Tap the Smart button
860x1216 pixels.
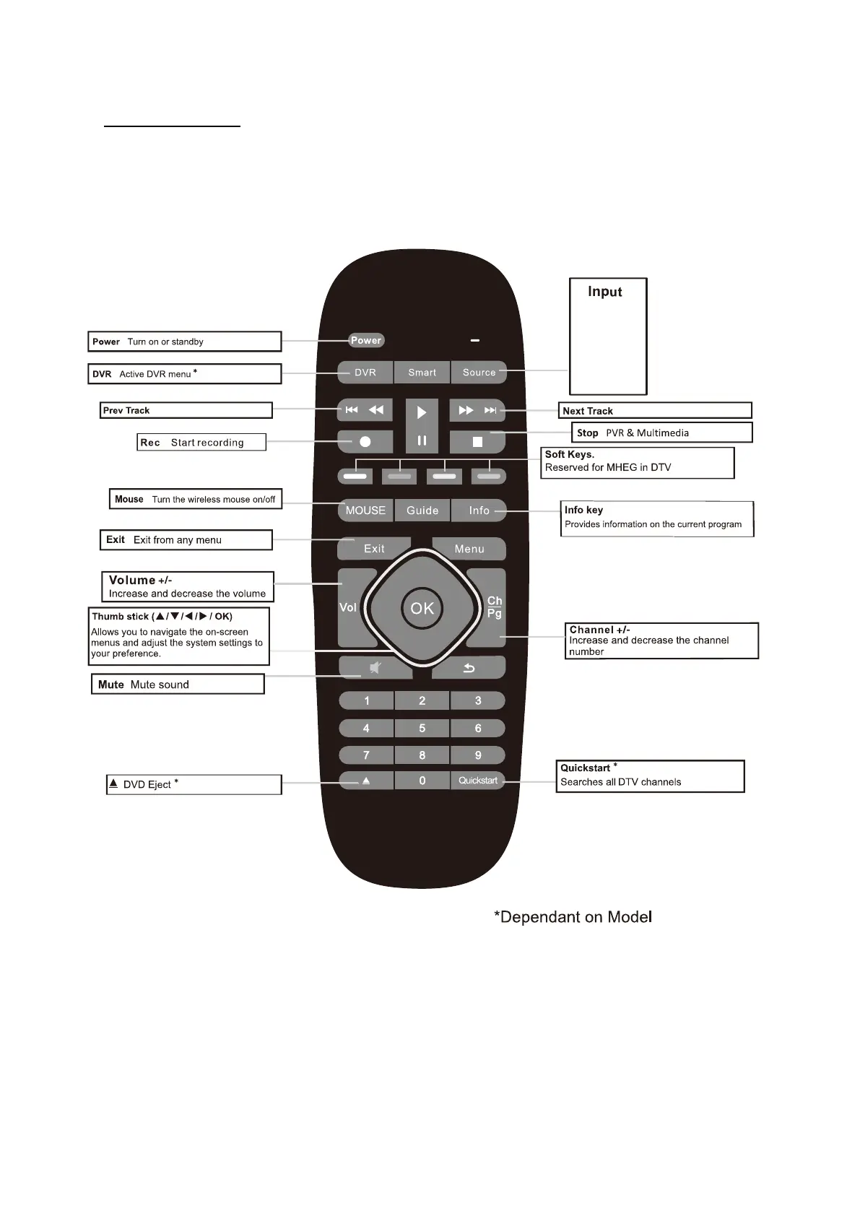pyautogui.click(x=422, y=373)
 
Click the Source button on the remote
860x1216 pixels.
pyautogui.click(x=479, y=373)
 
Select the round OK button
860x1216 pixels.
pyautogui.click(x=422, y=608)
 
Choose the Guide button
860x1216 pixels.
pyautogui.click(x=422, y=511)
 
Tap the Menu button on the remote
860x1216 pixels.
pyautogui.click(x=469, y=549)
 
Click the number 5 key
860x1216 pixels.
pyautogui.click(x=422, y=728)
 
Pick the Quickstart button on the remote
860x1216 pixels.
pyautogui.click(x=478, y=781)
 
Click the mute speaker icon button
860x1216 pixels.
pyautogui.click(x=375, y=668)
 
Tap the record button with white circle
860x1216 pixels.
pyautogui.click(x=365, y=441)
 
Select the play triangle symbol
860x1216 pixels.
pyautogui.click(x=422, y=412)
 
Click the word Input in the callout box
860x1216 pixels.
pyautogui.click(x=604, y=292)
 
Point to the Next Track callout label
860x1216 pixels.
pyautogui.click(x=588, y=411)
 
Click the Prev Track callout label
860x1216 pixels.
pyautogui.click(x=126, y=410)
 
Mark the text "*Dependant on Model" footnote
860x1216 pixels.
pyautogui.click(x=573, y=917)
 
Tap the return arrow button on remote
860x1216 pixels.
pyautogui.click(x=469, y=668)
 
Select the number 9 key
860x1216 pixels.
pyautogui.click(x=478, y=755)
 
